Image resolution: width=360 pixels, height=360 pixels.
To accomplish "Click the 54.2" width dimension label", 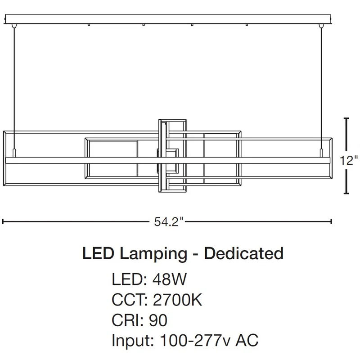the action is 169,221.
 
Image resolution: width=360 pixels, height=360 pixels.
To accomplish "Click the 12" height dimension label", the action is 349,160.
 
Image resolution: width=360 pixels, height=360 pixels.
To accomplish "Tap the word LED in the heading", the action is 98,253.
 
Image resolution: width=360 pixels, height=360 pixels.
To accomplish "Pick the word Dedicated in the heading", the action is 244,253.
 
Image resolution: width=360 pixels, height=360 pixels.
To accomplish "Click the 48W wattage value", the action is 170,279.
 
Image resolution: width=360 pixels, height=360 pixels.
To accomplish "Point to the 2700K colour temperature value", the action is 177,300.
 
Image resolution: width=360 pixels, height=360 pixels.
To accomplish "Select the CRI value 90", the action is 158,320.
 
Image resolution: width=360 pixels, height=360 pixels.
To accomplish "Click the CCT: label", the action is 130,300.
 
